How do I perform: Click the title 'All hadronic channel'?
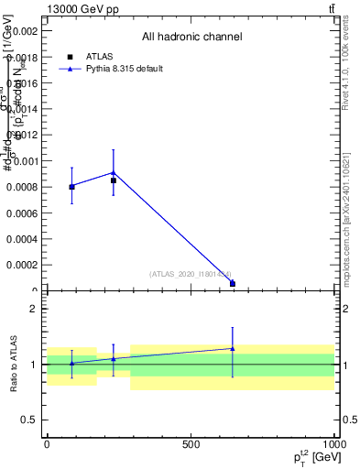pos(191,37)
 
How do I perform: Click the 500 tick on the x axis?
pos(190,444)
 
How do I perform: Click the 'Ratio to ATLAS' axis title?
pos(14,365)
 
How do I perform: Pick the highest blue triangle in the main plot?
pos(113,172)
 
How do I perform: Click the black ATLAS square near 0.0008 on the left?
pos(71,187)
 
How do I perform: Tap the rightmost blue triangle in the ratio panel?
pos(233,348)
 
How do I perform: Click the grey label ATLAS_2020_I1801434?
pos(191,274)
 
